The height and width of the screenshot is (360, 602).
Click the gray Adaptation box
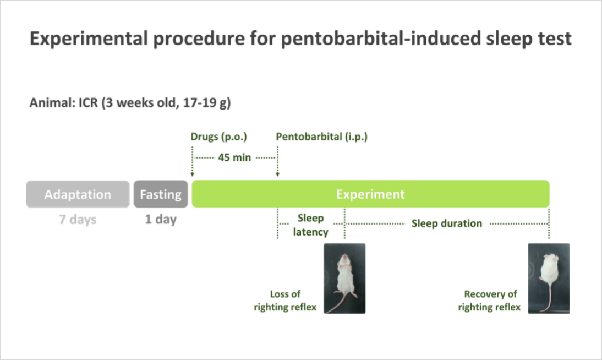78,194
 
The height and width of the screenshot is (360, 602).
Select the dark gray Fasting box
161,194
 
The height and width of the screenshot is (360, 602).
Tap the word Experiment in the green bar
370,194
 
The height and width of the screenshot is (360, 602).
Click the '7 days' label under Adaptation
78,220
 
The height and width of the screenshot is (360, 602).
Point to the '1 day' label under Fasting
161,220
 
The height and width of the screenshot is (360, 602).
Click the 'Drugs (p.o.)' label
219,137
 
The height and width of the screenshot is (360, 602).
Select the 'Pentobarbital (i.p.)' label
322,137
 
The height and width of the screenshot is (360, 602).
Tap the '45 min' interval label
234,157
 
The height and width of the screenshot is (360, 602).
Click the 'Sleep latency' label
310,225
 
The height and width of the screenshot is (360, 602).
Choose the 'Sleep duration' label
446,223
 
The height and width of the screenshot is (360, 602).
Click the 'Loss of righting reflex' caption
285,301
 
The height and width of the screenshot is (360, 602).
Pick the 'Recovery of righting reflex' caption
490,301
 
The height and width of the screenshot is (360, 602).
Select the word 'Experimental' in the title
89,39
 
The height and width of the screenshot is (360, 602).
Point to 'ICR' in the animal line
88,103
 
